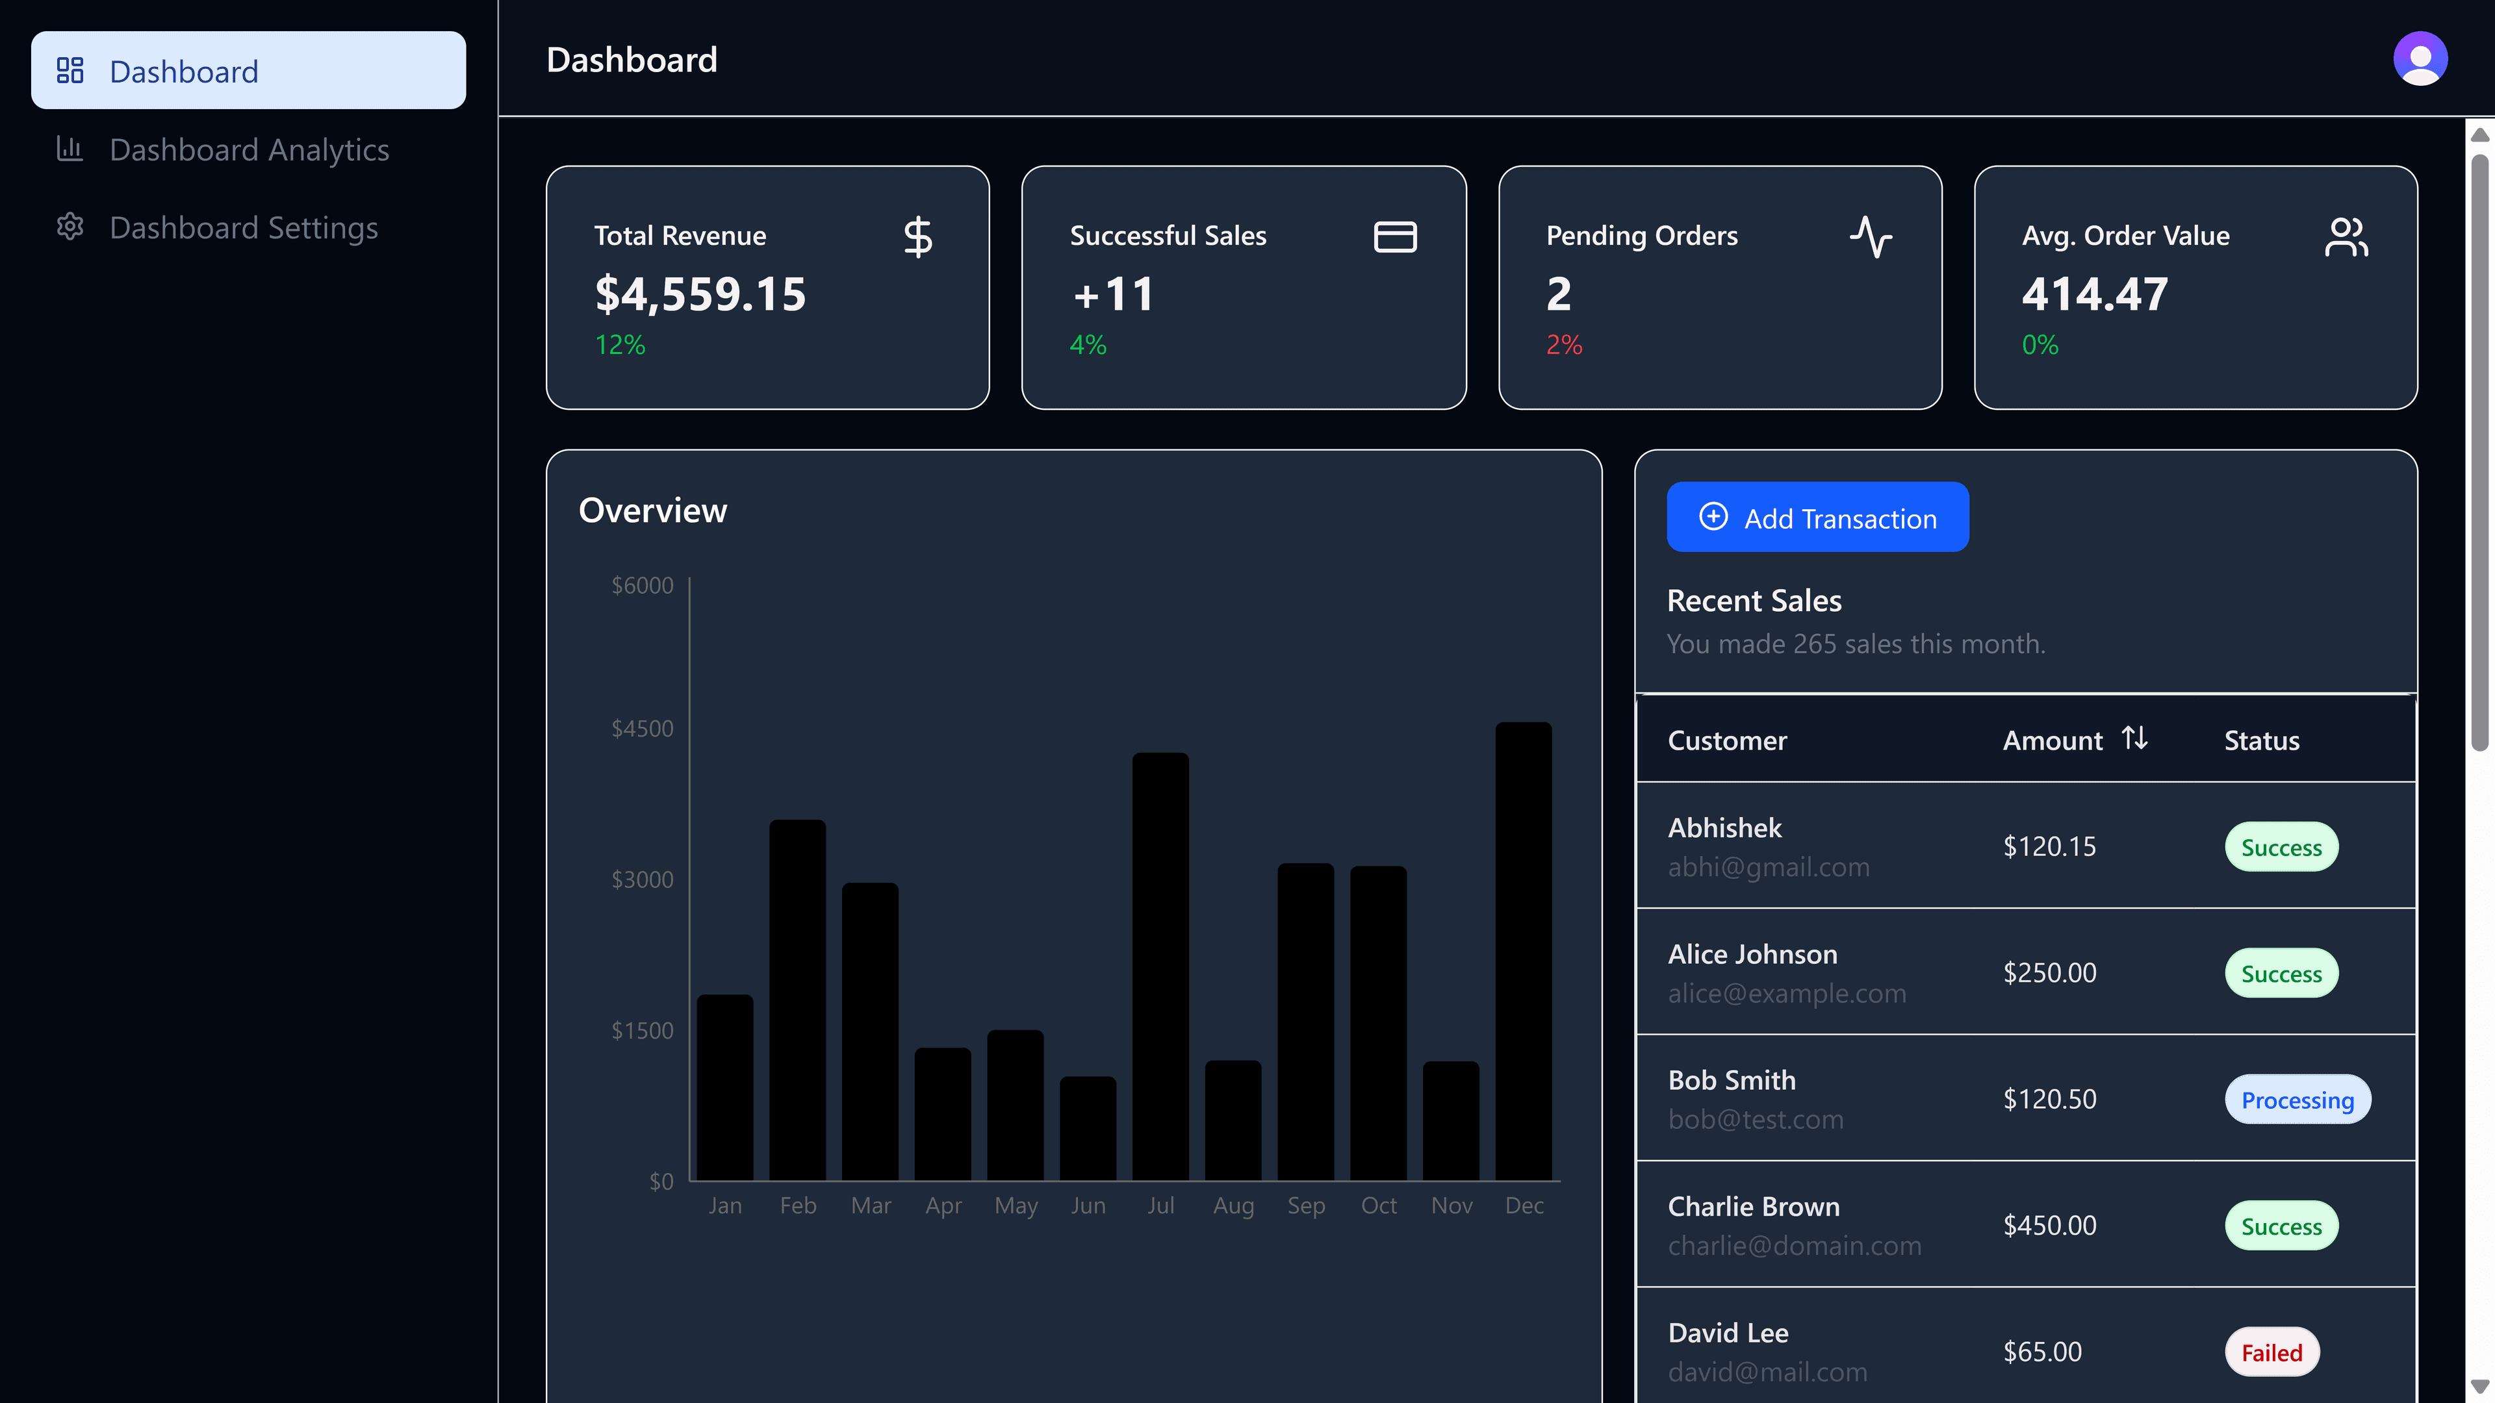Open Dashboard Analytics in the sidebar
(248, 149)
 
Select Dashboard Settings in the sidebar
(242, 227)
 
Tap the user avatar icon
(2420, 59)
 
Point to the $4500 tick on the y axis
(642, 728)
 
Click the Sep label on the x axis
(1305, 1206)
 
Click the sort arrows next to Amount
(2134, 739)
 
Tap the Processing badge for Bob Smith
(2296, 1100)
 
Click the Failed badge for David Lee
(2271, 1352)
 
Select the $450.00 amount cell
(2049, 1226)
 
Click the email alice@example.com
(1786, 993)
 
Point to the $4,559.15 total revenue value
(699, 294)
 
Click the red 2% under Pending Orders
(1563, 345)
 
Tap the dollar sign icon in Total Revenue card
(917, 236)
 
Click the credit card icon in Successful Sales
(1395, 236)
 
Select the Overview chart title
(652, 511)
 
